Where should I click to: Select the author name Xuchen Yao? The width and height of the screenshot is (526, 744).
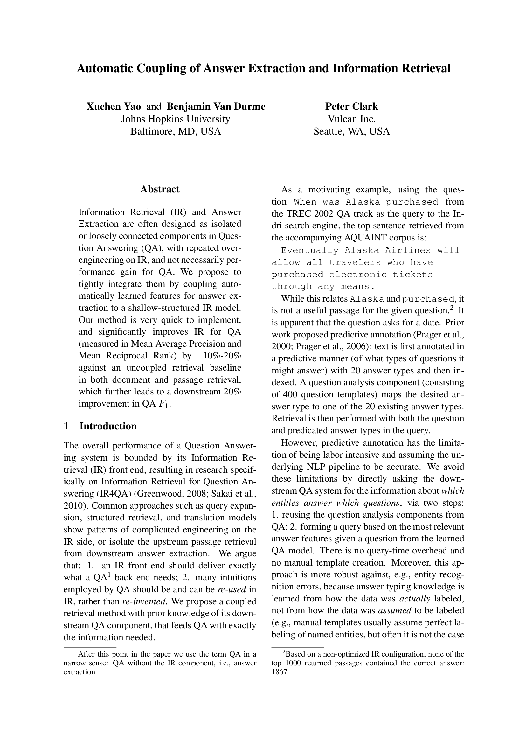click(113, 107)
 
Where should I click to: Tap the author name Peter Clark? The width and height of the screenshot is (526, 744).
click(351, 107)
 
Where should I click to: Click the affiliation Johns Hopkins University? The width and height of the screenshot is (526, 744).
click(176, 119)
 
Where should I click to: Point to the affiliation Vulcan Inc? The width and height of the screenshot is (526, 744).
click(351, 119)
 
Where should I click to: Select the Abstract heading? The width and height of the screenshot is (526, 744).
click(160, 190)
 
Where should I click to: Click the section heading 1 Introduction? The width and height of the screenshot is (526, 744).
click(100, 426)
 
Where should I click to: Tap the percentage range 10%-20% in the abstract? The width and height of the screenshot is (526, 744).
click(222, 356)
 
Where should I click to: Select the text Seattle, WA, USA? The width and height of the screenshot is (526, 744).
click(351, 131)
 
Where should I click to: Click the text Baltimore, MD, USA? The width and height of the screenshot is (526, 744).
click(176, 131)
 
